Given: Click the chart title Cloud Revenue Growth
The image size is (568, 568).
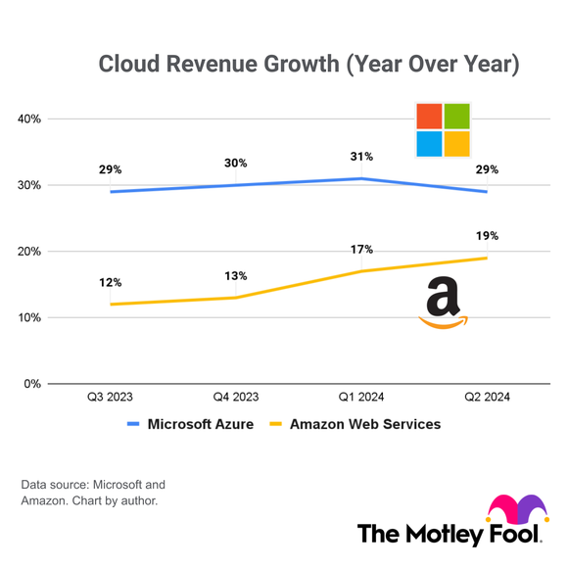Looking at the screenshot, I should pos(308,65).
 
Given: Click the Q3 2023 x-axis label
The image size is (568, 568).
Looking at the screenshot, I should pos(111,398).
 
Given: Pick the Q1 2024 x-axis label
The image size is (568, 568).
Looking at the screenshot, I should pos(361,398).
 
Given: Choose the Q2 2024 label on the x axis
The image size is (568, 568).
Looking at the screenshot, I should pos(487,398).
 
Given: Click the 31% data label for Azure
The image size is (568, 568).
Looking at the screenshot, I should pos(361,156).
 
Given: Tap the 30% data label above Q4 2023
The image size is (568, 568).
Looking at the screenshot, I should pos(236,163).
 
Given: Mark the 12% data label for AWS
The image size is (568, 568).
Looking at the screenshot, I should pos(111,282).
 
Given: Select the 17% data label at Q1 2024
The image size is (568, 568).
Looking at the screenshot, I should pos(361,249).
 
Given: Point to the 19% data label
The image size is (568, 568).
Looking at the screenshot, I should pos(487,235).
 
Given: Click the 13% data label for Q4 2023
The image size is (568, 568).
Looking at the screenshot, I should pos(236,275).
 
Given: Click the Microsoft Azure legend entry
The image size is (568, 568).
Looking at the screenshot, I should pos(191,424).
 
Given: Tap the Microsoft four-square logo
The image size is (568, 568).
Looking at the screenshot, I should pos(443,129).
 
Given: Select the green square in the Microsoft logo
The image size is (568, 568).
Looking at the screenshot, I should pos(456,116).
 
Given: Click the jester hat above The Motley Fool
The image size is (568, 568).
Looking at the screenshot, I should pos(514,509).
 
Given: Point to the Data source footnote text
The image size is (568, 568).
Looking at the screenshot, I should pos(93,493).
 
